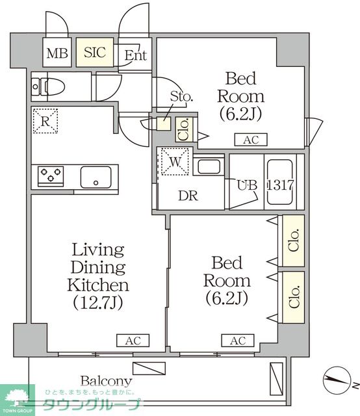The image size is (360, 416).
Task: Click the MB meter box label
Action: tap(57, 53)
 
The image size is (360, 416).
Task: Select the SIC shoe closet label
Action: tap(95, 52)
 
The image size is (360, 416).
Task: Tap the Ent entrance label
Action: tap(136, 55)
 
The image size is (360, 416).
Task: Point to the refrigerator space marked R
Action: tap(45, 121)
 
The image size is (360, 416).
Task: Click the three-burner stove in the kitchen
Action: tap(51, 176)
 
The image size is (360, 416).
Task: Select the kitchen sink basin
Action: tap(96, 177)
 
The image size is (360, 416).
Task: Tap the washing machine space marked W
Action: tap(175, 162)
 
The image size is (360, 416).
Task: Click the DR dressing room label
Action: tap(188, 196)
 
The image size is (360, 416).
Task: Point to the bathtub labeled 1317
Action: tap(280, 182)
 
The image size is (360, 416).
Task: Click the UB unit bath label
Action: tap(247, 185)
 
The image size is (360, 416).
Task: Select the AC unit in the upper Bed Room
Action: tap(251, 140)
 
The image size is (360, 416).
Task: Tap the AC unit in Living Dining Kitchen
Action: tap(133, 341)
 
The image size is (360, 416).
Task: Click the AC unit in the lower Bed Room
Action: tap(238, 341)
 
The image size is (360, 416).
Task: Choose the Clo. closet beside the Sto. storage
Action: tap(185, 129)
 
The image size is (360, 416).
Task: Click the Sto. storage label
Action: tap(181, 96)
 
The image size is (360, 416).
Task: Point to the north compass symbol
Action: tap(337, 380)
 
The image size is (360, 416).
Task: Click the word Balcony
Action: tap(106, 382)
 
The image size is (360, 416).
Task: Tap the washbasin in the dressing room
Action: tap(209, 166)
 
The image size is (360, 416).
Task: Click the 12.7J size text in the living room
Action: tap(98, 303)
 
